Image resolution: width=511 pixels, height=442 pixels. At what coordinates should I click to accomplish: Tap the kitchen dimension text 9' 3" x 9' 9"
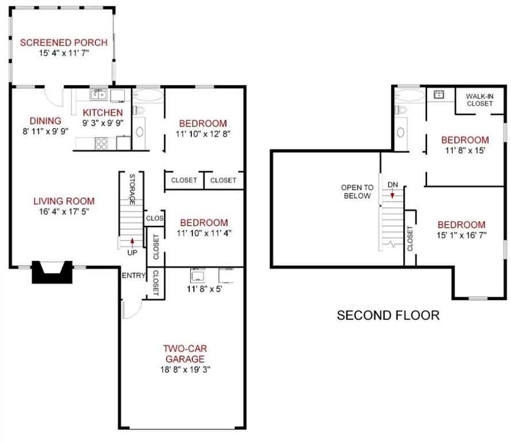(102, 123)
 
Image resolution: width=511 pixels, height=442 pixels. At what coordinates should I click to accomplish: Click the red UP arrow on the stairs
(132, 242)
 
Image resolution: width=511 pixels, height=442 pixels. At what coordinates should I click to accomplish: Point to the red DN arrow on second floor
(393, 195)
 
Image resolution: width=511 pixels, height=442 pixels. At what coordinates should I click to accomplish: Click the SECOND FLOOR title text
(387, 315)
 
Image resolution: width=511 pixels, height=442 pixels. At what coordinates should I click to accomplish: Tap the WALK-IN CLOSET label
(479, 100)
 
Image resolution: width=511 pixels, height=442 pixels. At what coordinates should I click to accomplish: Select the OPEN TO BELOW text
(357, 192)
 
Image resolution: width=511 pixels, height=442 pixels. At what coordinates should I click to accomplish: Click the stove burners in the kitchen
(101, 143)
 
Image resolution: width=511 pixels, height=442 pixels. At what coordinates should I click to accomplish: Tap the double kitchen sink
(98, 94)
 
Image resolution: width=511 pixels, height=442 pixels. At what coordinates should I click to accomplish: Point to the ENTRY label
(133, 276)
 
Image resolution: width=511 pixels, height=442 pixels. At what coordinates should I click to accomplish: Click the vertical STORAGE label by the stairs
(132, 189)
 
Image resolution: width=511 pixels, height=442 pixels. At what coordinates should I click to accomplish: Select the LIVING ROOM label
(63, 201)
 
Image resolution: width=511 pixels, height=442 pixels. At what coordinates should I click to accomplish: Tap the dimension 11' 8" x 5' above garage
(205, 288)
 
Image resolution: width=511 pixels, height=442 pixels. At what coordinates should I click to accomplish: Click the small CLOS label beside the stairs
(155, 219)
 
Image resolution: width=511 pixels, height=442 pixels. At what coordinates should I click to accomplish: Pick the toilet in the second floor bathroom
(401, 109)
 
